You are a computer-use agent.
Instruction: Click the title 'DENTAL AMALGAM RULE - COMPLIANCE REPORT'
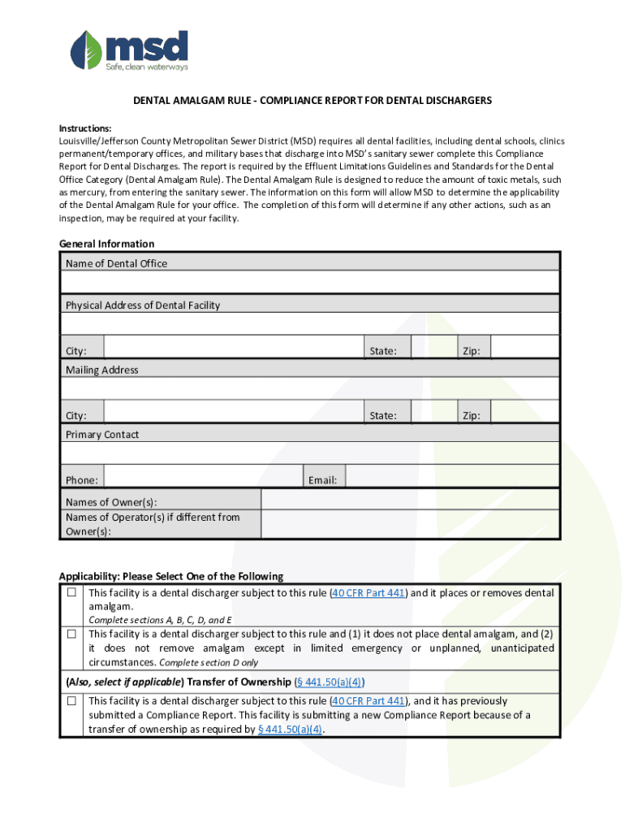312,101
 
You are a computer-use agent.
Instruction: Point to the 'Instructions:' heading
85,128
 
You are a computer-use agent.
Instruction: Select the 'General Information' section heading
106,244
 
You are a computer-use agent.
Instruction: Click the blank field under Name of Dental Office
309,282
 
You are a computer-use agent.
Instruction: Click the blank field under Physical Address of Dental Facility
309,324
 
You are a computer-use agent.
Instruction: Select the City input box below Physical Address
234,347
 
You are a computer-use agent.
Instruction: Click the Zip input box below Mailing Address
525,412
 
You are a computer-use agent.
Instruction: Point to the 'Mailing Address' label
102,370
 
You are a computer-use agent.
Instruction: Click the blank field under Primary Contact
309,453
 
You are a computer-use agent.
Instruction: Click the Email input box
452,476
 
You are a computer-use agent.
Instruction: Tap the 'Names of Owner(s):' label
112,502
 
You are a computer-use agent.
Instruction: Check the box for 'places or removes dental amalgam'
72,593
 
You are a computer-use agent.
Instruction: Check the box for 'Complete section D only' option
72,634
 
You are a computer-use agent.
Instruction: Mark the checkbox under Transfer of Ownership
72,700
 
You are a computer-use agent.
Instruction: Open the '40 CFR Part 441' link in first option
369,593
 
